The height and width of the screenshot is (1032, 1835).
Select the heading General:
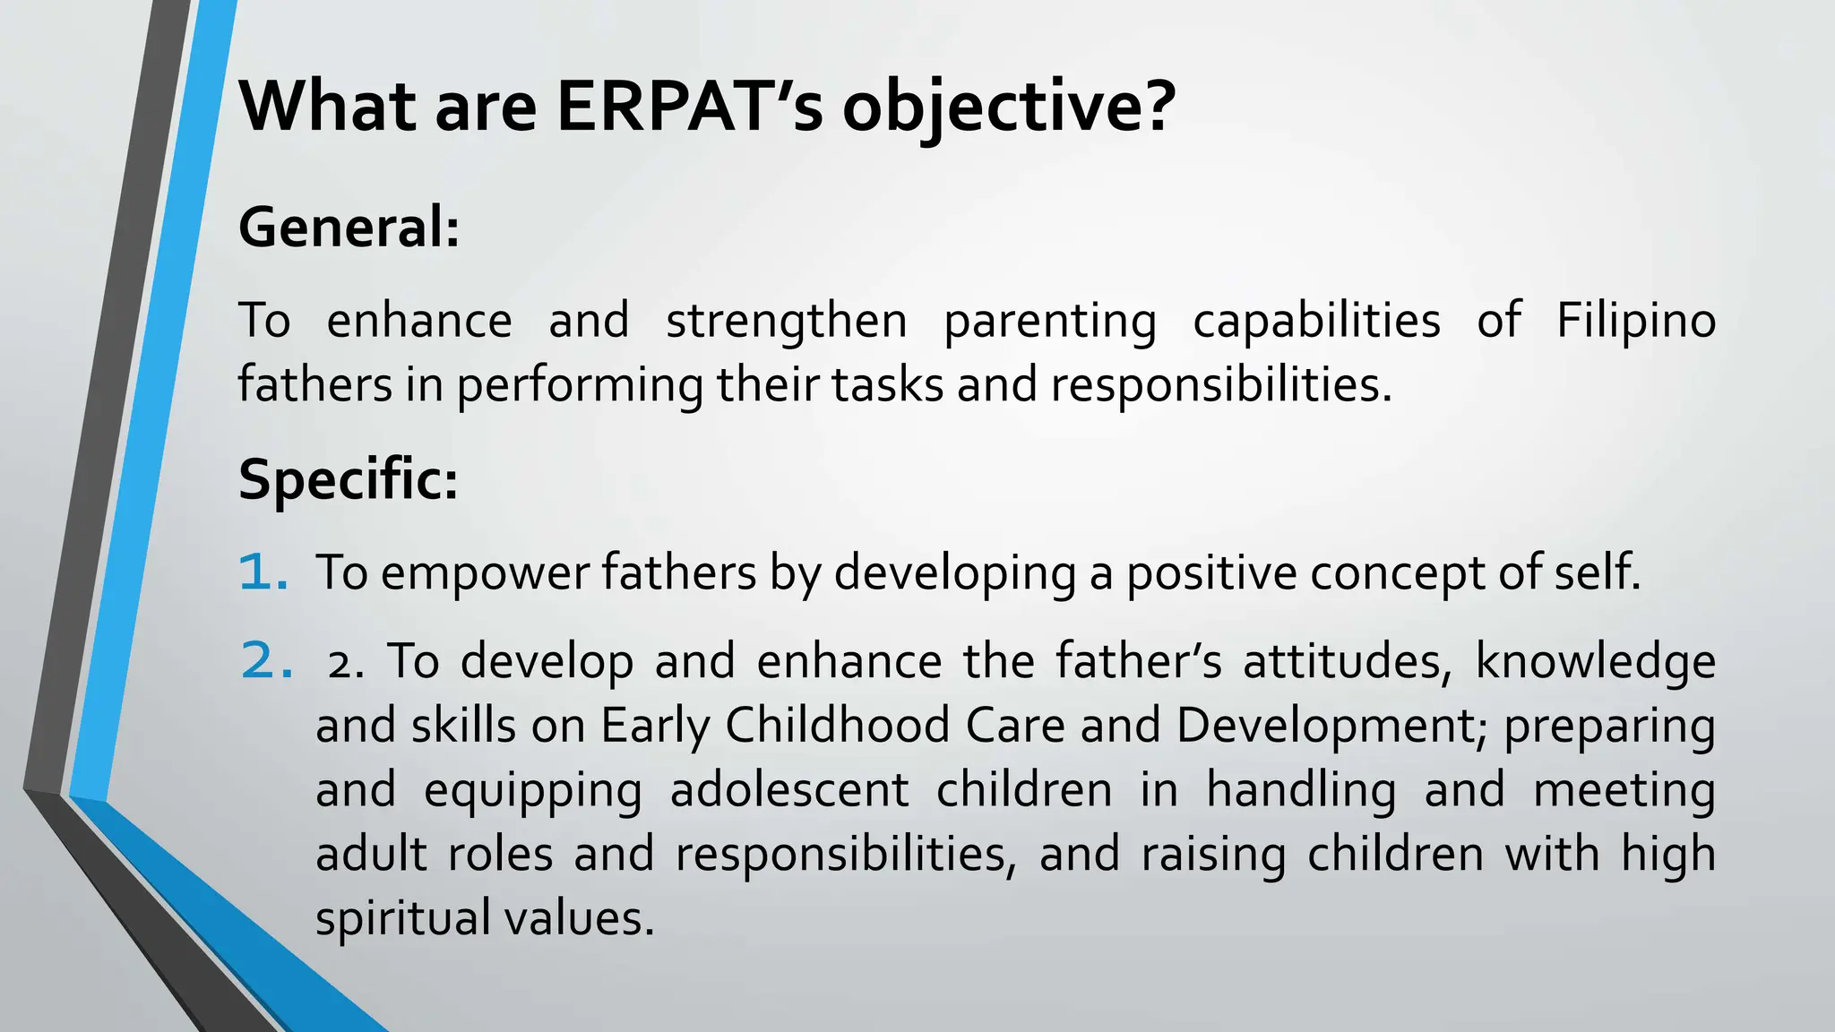[349, 228]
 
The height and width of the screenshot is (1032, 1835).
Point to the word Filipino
[1635, 320]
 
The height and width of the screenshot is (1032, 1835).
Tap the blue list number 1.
[263, 572]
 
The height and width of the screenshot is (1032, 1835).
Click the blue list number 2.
[266, 661]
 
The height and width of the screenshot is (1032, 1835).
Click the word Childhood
[837, 726]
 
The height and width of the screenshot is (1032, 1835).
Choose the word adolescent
[788, 790]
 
